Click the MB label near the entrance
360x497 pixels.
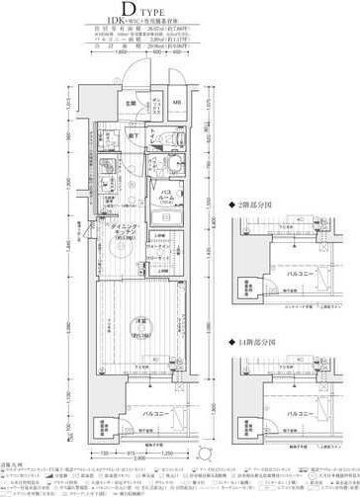[x=177, y=102]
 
